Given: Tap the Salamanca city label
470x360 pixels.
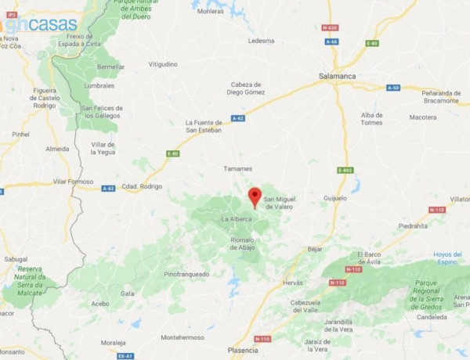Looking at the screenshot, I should tap(338, 76).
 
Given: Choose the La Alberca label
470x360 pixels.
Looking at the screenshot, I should tap(236, 218).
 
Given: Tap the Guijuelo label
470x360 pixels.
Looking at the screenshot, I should tap(334, 198).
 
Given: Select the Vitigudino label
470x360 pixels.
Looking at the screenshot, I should tap(163, 63).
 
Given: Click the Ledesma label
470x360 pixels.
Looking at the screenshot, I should tap(261, 41).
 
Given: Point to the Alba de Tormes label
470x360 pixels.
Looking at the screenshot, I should tap(372, 118).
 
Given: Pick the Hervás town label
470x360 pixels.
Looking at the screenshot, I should tap(292, 283).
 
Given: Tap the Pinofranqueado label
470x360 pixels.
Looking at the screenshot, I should tap(186, 274).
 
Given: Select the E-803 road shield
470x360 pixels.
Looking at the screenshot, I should tap(345, 170).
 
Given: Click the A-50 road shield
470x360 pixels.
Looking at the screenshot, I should tap(392, 88).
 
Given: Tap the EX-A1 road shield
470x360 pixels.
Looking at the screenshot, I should tap(125, 355).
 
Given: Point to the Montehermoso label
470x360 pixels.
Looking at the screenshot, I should tap(182, 337).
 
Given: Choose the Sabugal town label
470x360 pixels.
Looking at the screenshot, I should tap(16, 257).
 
